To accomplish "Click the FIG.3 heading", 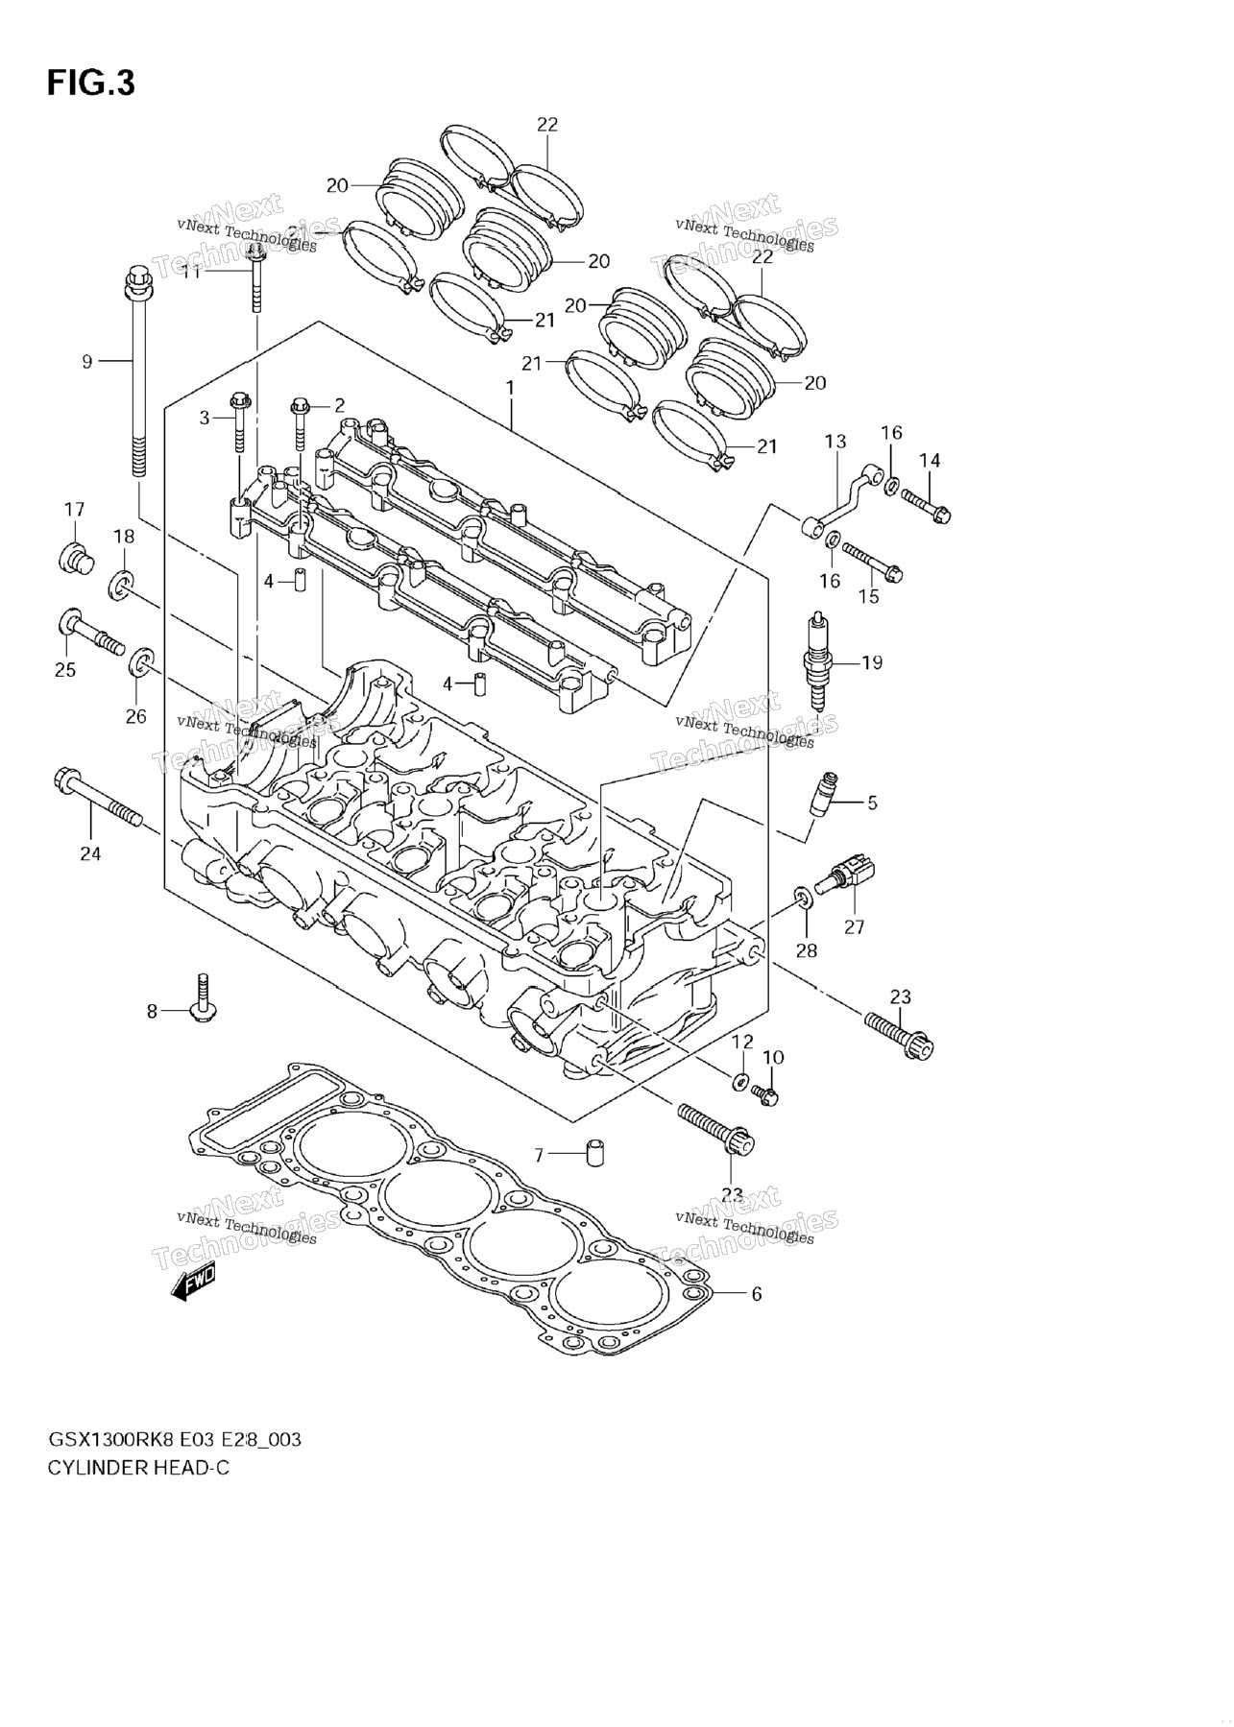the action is [x=91, y=84].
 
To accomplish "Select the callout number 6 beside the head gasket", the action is [x=756, y=1294].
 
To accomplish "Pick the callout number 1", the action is [x=510, y=390].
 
